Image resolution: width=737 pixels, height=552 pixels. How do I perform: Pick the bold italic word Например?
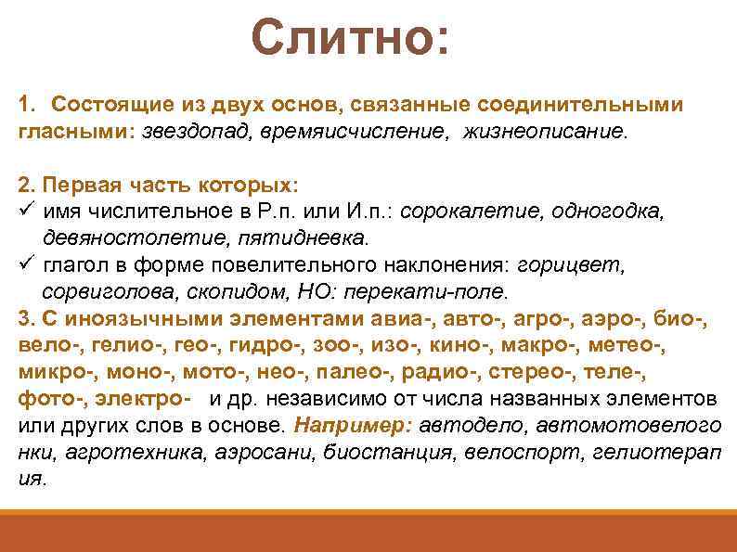(x=352, y=426)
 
